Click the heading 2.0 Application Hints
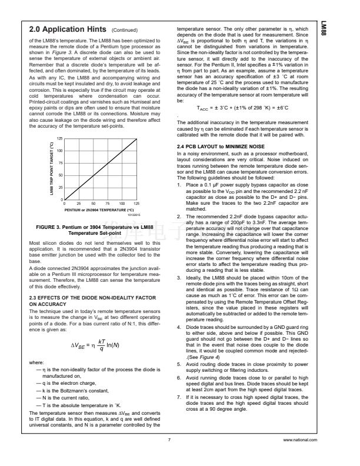tap(68, 29)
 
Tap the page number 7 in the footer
tap(169, 440)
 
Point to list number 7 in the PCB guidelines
tap(179, 398)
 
